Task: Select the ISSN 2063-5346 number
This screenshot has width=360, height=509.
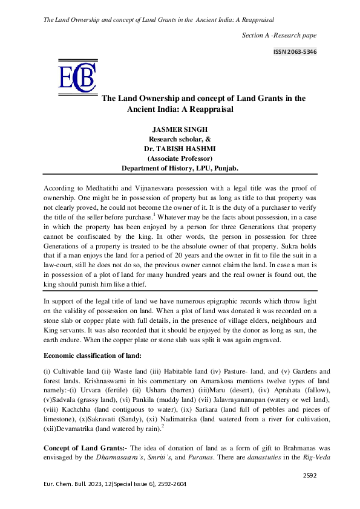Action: pos(295,52)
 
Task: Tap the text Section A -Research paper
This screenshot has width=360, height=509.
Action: pos(279,35)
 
